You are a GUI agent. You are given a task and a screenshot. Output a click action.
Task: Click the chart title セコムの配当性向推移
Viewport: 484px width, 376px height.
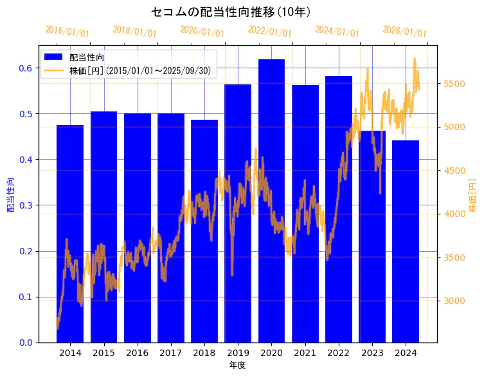pyautogui.click(x=231, y=12)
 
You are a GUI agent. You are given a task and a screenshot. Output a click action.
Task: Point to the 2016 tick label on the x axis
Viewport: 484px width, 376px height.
pyautogui.click(x=137, y=353)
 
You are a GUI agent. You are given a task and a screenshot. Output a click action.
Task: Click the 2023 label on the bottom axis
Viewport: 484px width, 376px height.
pyautogui.click(x=372, y=353)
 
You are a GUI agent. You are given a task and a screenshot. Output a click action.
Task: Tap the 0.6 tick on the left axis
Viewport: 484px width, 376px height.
pyautogui.click(x=27, y=68)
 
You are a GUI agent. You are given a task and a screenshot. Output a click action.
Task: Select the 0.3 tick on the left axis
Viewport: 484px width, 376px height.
pyautogui.click(x=27, y=205)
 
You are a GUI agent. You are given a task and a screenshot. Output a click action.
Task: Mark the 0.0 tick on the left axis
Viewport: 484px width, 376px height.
pyautogui.click(x=27, y=343)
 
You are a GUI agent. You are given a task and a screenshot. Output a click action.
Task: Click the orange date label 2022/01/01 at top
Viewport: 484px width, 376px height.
pyautogui.click(x=269, y=32)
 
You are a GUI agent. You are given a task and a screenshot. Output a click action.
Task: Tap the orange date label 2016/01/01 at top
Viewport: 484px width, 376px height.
pyautogui.click(x=67, y=32)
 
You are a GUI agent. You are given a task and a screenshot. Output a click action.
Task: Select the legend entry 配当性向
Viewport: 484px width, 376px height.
pyautogui.click(x=87, y=57)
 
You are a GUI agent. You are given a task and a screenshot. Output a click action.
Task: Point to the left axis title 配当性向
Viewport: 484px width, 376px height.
pyautogui.click(x=10, y=194)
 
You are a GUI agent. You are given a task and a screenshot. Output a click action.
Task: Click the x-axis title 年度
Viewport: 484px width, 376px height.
pyautogui.click(x=237, y=365)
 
